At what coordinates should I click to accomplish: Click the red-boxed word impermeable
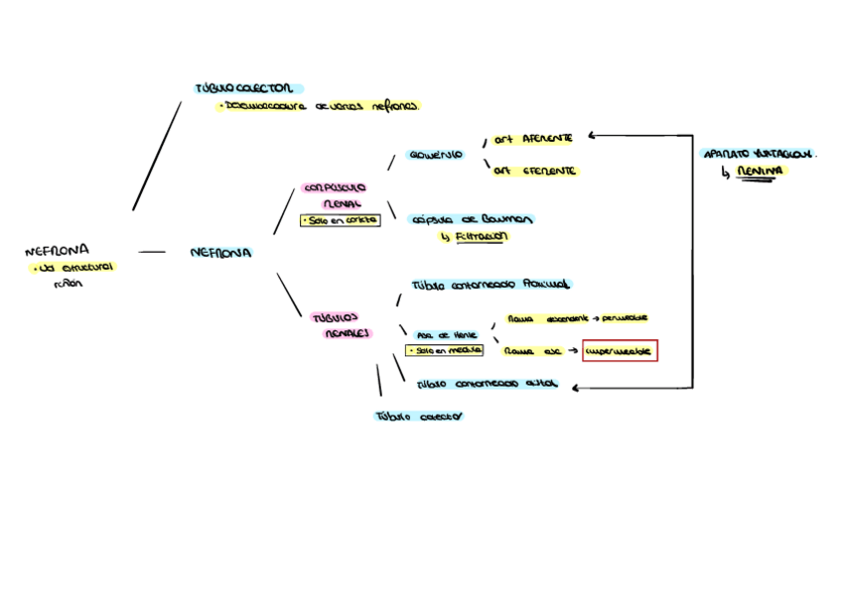620,351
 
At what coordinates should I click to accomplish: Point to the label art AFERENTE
533,139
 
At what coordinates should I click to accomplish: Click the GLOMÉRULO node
435,155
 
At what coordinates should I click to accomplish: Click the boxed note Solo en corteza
340,221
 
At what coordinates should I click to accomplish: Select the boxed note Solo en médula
445,350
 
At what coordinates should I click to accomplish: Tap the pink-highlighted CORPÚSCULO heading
335,186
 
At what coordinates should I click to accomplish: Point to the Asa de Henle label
446,335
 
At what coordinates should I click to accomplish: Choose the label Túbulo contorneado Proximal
491,284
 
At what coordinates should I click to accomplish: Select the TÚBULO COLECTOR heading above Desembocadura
249,88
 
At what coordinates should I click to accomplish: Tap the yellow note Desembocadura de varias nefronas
318,106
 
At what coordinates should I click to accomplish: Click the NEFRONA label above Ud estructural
57,251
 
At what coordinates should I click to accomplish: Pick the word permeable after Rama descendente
625,318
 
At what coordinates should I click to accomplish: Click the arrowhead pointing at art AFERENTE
593,135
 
